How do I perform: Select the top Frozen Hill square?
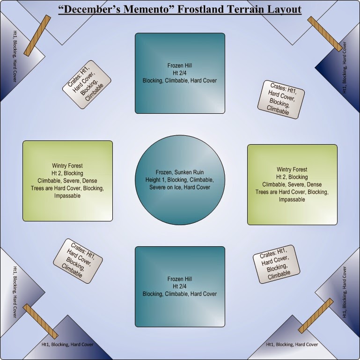(180, 73)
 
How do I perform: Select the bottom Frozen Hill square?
(180, 287)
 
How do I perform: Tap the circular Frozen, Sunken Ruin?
(180, 180)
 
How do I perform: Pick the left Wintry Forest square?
(68, 181)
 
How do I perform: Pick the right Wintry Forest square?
(292, 184)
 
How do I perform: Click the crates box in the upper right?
(281, 99)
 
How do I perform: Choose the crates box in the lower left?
(78, 260)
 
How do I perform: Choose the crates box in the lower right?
(277, 264)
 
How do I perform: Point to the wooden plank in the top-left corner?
(37, 36)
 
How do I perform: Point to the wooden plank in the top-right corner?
(325, 34)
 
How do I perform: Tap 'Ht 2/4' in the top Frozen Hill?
(180, 73)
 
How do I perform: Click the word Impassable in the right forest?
(292, 199)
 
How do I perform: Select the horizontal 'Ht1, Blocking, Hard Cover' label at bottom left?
(67, 345)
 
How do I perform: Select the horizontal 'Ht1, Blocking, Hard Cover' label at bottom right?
(292, 345)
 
